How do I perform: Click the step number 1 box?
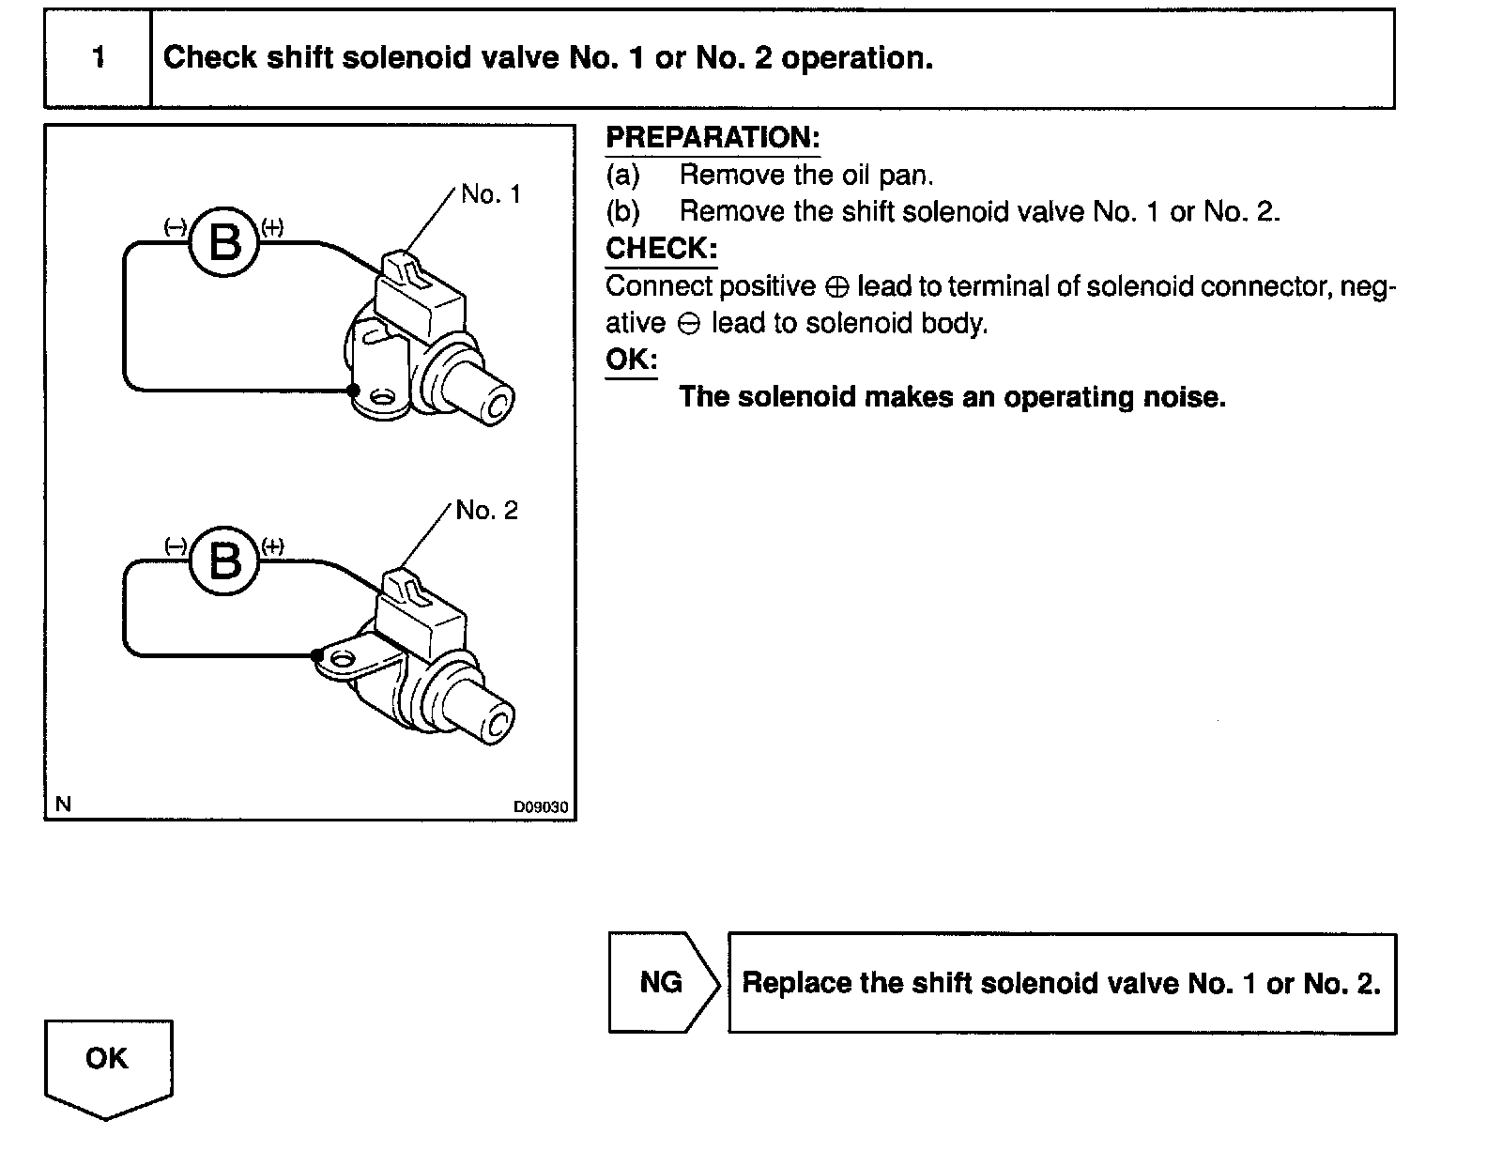pyautogui.click(x=98, y=58)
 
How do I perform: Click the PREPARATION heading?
pyautogui.click(x=713, y=138)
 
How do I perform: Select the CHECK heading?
pyautogui.click(x=661, y=249)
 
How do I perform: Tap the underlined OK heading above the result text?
pyautogui.click(x=631, y=360)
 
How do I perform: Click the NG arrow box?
pyautogui.click(x=663, y=982)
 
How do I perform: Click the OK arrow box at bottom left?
pyautogui.click(x=108, y=1064)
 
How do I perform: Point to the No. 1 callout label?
pyautogui.click(x=490, y=194)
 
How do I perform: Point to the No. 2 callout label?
pyautogui.click(x=486, y=511)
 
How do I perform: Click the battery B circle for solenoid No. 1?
pyautogui.click(x=224, y=242)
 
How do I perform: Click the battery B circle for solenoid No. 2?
pyautogui.click(x=224, y=560)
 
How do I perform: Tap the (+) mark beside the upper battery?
pyautogui.click(x=272, y=227)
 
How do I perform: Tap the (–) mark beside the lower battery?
pyautogui.click(x=176, y=546)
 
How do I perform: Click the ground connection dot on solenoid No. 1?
pyautogui.click(x=352, y=390)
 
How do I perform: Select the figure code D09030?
pyautogui.click(x=540, y=806)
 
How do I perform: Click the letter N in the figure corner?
pyautogui.click(x=63, y=804)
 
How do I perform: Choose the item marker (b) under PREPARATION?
pyautogui.click(x=622, y=212)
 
